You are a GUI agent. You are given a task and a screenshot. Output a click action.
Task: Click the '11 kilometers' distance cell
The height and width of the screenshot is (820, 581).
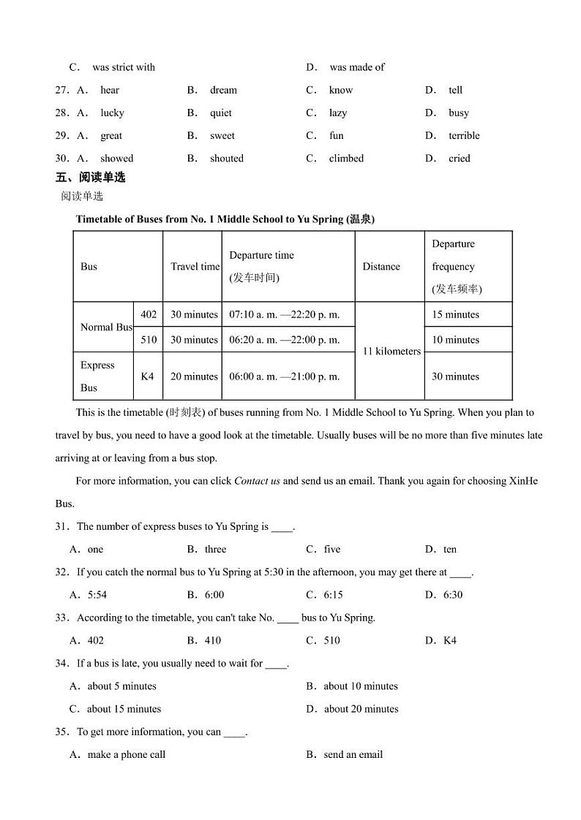(x=391, y=352)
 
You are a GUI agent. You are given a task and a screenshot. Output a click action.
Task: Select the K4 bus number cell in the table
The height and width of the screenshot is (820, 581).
(x=148, y=376)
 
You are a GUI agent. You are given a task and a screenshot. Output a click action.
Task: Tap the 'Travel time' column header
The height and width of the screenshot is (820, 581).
(x=195, y=267)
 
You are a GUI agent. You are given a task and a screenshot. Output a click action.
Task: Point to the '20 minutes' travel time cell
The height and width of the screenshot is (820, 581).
(x=194, y=376)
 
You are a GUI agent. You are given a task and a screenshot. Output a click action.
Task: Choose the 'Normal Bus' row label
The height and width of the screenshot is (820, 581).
(x=106, y=327)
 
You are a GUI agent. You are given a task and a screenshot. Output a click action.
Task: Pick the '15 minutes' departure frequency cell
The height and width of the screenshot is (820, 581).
(x=455, y=315)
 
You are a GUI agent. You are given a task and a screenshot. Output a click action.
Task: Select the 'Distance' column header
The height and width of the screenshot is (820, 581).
(x=381, y=267)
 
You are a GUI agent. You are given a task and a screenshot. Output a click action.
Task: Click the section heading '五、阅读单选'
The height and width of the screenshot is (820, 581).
(x=90, y=178)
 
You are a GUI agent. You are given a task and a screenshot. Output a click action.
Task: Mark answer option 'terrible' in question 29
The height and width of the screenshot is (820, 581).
(x=464, y=136)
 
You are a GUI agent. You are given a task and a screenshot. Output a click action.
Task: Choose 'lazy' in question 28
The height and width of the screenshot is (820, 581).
(x=338, y=113)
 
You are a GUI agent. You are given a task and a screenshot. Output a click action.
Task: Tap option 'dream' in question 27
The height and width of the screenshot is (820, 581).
(x=223, y=91)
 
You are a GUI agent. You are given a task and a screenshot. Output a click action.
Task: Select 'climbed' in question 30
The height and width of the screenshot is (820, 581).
(x=346, y=159)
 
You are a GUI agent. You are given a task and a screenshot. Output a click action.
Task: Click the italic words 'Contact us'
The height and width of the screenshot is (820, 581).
(x=257, y=481)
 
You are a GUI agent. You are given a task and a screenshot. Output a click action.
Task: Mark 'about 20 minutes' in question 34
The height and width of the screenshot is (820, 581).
(x=361, y=709)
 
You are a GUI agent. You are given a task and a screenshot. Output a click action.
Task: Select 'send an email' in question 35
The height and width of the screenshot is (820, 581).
(x=353, y=755)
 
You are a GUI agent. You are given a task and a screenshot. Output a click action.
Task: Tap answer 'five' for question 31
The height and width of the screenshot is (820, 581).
(x=332, y=550)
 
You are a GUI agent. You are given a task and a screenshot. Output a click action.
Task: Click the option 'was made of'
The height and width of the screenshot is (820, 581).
(x=357, y=67)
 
